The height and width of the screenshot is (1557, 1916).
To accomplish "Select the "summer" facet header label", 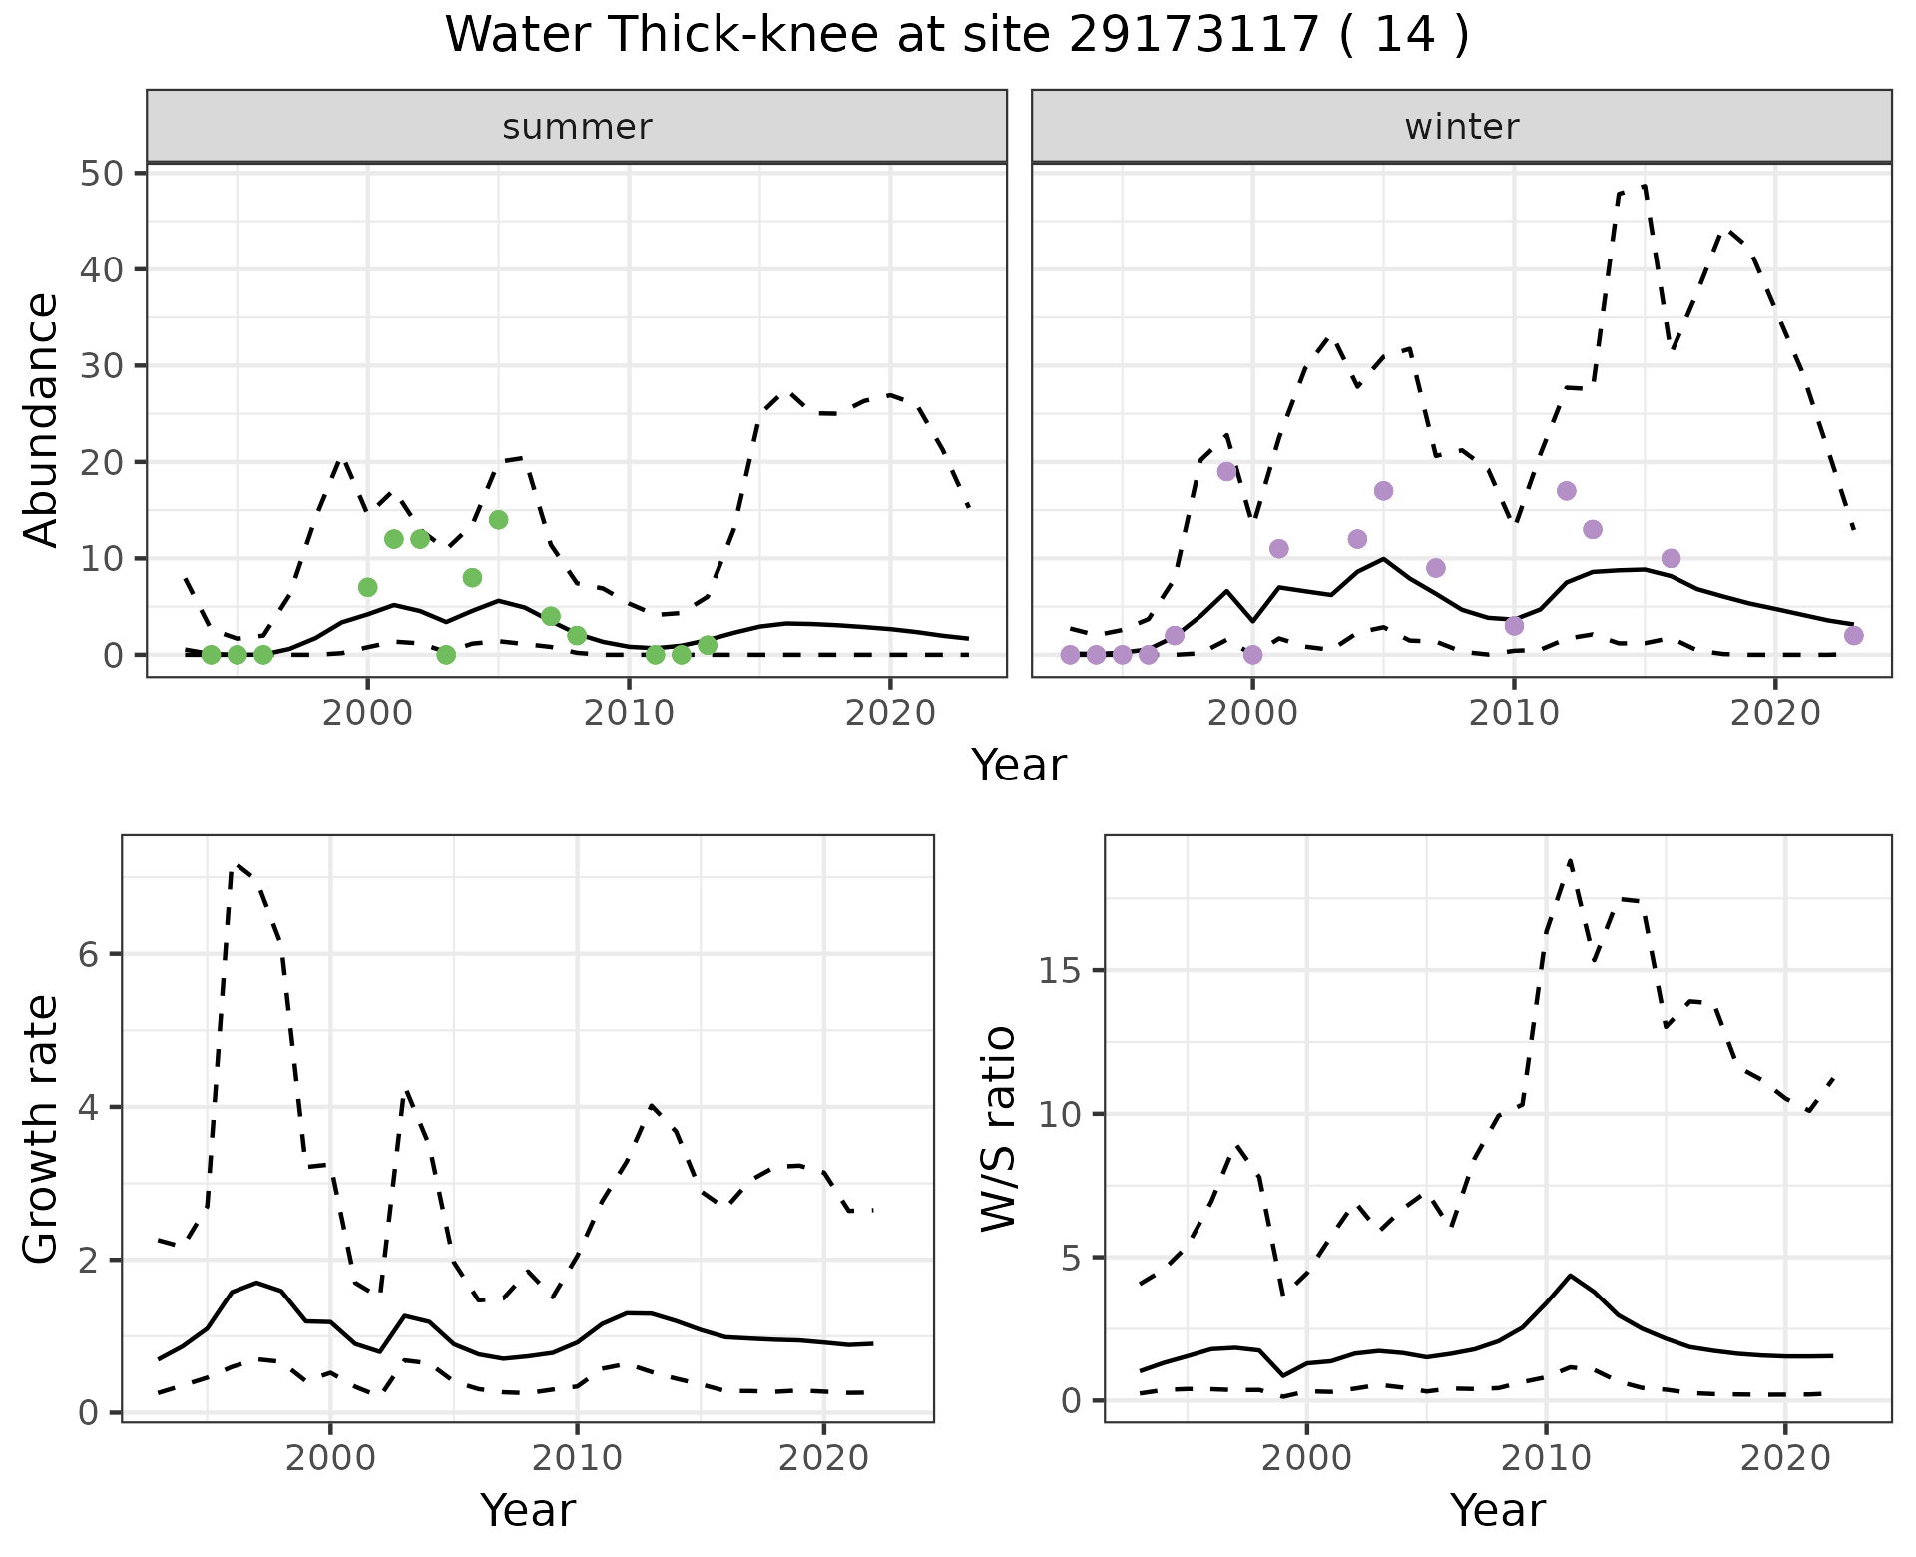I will point(577,127).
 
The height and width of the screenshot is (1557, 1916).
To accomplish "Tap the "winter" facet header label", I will point(1461,127).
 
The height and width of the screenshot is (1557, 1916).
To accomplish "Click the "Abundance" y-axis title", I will point(42,419).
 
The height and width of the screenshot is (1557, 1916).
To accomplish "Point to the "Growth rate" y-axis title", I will point(42,1130).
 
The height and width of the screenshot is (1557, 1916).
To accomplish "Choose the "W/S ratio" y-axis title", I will point(999,1128).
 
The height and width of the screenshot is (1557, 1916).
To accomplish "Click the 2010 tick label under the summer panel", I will point(629,714).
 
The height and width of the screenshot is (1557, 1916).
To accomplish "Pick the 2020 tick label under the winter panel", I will point(1774,714).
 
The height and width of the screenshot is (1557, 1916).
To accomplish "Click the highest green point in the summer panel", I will point(499,520).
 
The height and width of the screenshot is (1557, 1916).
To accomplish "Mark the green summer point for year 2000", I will point(367,587).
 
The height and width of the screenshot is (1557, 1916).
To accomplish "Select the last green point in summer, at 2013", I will point(708,645).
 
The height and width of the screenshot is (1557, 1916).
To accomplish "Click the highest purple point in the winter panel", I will point(1227,472).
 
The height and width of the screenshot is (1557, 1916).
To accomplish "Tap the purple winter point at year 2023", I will point(1853,636).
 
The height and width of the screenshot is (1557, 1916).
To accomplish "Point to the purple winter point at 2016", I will point(1671,558).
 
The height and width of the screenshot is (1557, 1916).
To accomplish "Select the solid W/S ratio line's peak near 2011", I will point(1570,1276).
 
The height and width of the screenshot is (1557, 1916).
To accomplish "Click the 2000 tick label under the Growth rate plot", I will point(330,1458).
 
